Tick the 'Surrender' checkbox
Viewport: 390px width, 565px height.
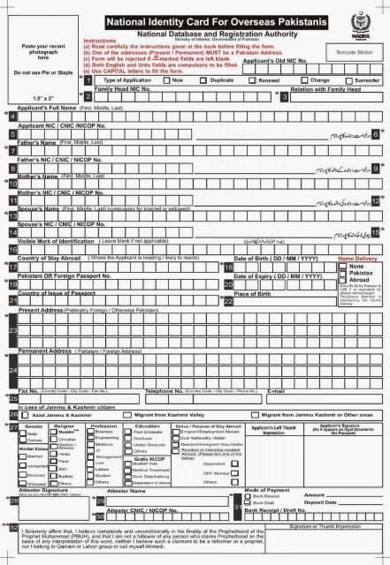point(347,79)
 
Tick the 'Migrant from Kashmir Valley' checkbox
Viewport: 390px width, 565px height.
point(130,412)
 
